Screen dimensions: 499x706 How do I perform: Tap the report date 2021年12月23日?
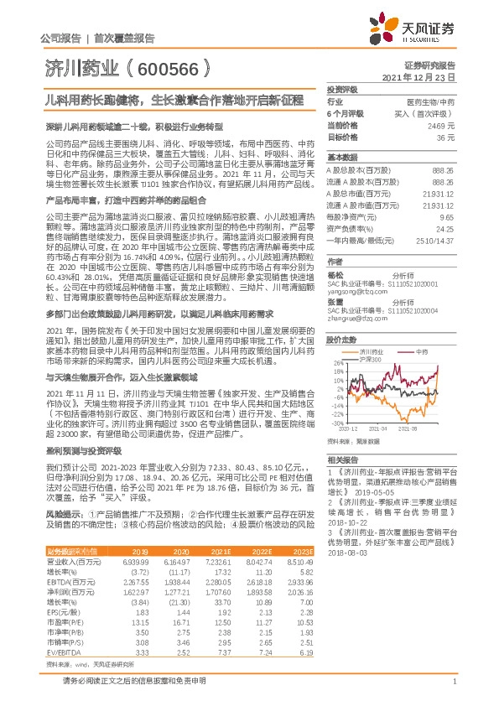[x=421, y=76]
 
